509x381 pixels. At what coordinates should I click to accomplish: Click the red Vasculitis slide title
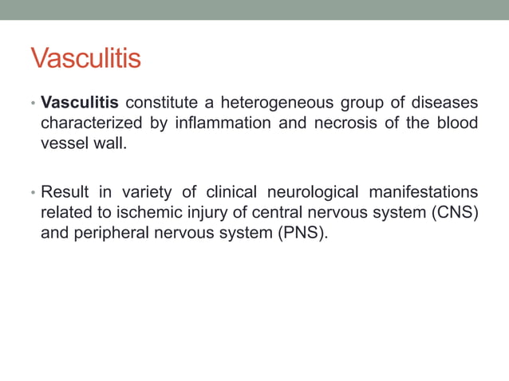click(85, 58)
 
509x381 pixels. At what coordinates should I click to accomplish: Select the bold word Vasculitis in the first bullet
click(80, 103)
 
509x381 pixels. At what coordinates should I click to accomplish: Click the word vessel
click(62, 143)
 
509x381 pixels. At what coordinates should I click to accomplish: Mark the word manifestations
click(428, 192)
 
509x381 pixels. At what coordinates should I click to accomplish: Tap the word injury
click(207, 213)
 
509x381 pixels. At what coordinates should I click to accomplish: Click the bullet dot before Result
click(33, 193)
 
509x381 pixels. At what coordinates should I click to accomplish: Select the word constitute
click(160, 103)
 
